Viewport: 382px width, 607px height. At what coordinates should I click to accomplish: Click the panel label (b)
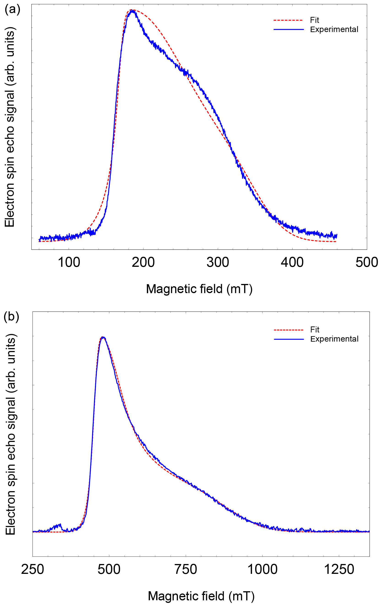point(11,317)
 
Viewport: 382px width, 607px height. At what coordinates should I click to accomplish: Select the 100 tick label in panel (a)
point(69,262)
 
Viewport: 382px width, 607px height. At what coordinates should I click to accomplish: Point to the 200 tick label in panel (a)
point(143,262)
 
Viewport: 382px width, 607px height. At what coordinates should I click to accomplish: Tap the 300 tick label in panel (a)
point(218,262)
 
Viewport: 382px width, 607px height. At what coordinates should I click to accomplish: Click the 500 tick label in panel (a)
point(367,262)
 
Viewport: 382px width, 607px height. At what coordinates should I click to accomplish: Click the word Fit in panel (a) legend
point(315,20)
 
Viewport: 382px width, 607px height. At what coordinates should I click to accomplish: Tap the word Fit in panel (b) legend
point(315,329)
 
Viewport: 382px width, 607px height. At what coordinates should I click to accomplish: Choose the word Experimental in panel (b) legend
point(334,339)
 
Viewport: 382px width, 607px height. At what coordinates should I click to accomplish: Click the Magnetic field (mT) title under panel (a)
point(199,289)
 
